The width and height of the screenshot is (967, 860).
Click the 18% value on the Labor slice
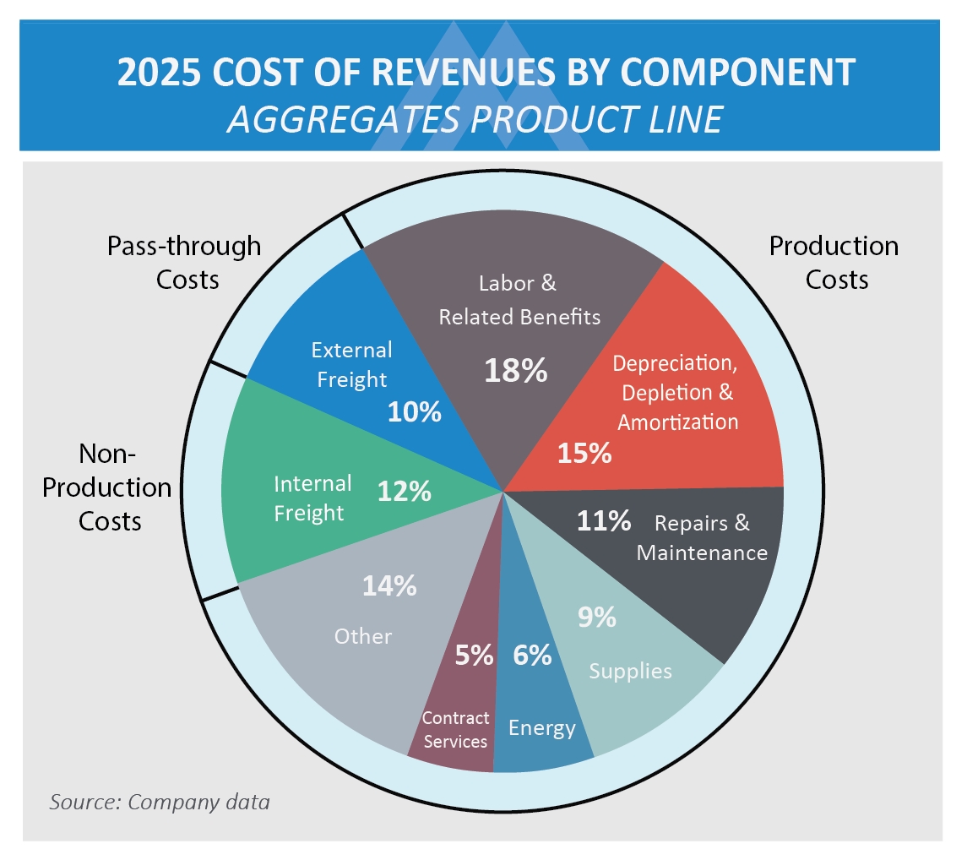point(516,370)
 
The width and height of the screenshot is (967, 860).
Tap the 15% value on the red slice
point(584,453)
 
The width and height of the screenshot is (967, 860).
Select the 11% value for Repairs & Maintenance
point(604,521)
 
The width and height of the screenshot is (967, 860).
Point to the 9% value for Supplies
point(596,618)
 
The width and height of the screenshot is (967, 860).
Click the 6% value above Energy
point(532,655)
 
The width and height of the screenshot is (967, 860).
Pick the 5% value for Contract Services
point(474,655)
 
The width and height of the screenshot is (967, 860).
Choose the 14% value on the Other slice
point(389,585)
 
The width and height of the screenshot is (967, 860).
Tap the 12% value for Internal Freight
point(405,492)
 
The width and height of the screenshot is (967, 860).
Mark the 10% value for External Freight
point(415,411)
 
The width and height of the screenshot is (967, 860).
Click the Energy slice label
point(542,727)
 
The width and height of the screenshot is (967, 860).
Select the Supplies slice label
point(630,671)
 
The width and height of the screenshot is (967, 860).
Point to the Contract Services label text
point(455,729)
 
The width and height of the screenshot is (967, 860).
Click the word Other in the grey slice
point(363,636)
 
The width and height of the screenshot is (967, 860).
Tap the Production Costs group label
point(834,262)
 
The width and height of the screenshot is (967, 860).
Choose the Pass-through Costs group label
point(185,262)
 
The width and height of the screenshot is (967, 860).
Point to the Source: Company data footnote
point(160,802)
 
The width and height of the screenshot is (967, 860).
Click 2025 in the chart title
point(159,73)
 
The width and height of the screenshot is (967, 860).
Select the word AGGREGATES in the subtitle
point(341,119)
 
